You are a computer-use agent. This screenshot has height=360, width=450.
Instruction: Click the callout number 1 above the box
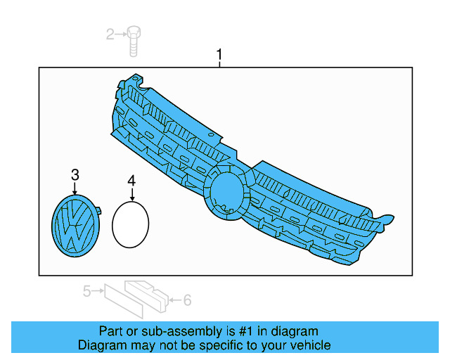point(219,53)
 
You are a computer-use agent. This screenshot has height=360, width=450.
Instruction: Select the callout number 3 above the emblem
point(75,174)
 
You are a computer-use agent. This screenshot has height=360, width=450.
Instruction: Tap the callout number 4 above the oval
point(131,181)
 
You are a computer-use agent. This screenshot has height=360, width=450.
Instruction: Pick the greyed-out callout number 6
point(187,300)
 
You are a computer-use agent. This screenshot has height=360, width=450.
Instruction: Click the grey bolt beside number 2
point(134,39)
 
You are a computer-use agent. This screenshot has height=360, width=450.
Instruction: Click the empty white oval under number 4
point(131,225)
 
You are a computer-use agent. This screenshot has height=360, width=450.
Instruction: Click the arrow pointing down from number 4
point(131,196)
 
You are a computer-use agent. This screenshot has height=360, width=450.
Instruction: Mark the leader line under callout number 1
point(219,64)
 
